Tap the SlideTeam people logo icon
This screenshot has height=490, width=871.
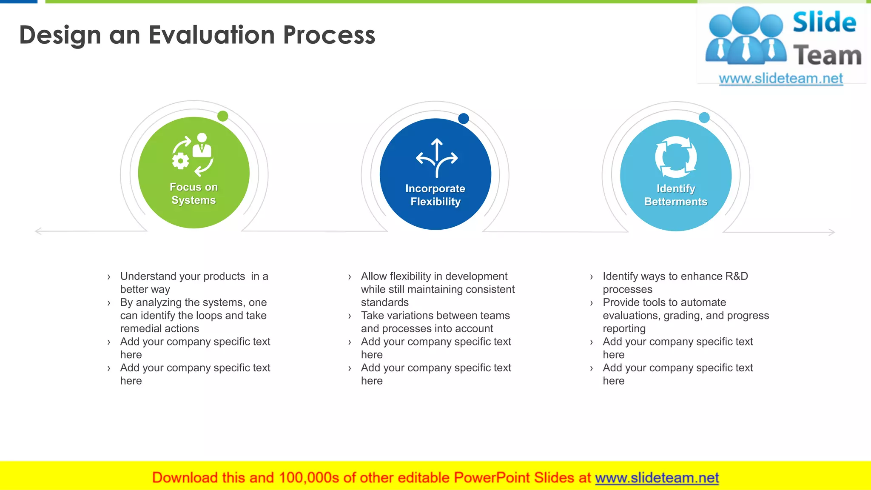tap(746, 37)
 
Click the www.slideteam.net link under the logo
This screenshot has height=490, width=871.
tap(780, 79)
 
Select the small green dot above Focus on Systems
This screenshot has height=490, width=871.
tap(222, 116)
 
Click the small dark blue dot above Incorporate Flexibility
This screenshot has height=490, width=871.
tap(464, 119)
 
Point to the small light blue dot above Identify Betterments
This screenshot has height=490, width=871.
tap(704, 118)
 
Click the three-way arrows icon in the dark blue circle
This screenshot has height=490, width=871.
tap(437, 158)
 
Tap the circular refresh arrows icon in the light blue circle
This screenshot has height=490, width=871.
tap(676, 157)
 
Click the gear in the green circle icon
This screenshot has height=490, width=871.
tap(181, 161)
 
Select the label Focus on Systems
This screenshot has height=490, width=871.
tap(194, 194)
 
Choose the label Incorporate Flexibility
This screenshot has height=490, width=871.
tap(435, 195)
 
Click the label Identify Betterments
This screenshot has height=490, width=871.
tap(676, 195)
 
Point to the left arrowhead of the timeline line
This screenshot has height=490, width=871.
tap(37, 231)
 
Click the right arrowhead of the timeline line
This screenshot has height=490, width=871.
tap(832, 232)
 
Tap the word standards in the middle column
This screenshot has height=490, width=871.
tap(384, 302)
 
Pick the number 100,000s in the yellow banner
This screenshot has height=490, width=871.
tap(309, 478)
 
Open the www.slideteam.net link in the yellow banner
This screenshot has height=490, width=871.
tap(657, 478)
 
